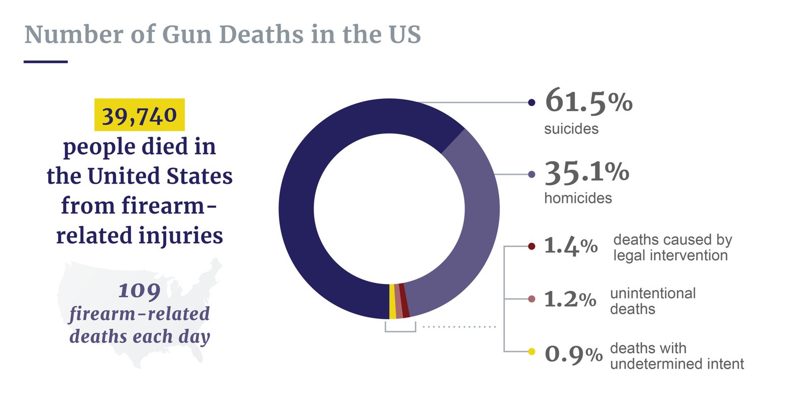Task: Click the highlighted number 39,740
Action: [139, 115]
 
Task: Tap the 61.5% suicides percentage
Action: [588, 101]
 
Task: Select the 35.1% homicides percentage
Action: [586, 173]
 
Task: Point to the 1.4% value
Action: [571, 246]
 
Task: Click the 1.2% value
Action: [570, 299]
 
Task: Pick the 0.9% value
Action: [573, 354]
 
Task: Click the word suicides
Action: [571, 129]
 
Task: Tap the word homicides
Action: [578, 198]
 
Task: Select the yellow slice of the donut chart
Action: [392, 301]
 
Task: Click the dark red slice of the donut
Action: [404, 300]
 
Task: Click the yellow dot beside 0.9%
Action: [531, 352]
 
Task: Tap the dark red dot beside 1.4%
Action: [531, 246]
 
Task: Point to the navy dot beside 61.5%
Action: [531, 103]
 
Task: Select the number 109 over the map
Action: [139, 291]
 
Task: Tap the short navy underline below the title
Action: [46, 62]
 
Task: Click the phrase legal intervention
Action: [670, 255]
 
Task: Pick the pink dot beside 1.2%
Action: [531, 299]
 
